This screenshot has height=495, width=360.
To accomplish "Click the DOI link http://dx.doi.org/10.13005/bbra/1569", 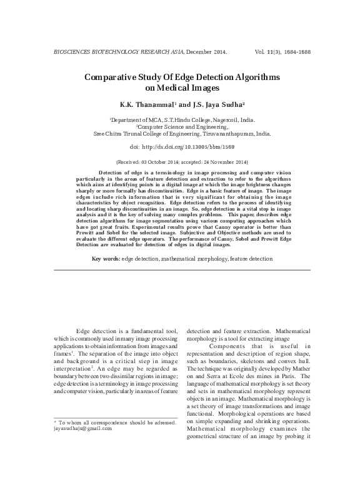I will point(189,146).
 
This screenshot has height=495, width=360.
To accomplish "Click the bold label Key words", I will point(106,258).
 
